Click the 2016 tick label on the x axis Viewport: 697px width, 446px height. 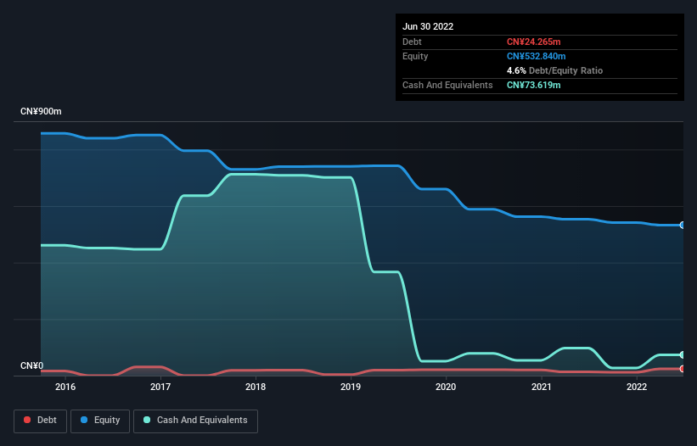point(65,387)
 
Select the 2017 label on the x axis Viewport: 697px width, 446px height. point(160,387)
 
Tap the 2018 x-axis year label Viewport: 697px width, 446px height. point(256,387)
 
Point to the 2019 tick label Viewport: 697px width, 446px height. point(351,387)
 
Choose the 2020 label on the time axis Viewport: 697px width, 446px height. point(446,387)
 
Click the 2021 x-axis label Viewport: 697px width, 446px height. point(541,387)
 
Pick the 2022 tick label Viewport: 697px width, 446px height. point(636,387)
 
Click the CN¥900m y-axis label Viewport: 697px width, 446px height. point(42,112)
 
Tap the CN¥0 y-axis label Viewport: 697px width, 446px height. point(31,366)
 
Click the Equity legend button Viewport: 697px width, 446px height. point(99,421)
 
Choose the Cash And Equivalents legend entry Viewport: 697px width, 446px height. point(195,421)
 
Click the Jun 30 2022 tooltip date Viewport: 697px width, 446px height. point(428,26)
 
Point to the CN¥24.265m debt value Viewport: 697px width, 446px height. point(534,42)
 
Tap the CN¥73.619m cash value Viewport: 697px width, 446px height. point(534,85)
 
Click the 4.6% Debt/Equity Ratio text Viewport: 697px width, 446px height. point(554,70)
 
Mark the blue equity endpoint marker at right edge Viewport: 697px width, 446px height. point(682,225)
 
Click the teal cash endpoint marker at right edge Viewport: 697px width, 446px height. point(682,354)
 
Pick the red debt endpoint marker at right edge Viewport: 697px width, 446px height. point(682,369)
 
